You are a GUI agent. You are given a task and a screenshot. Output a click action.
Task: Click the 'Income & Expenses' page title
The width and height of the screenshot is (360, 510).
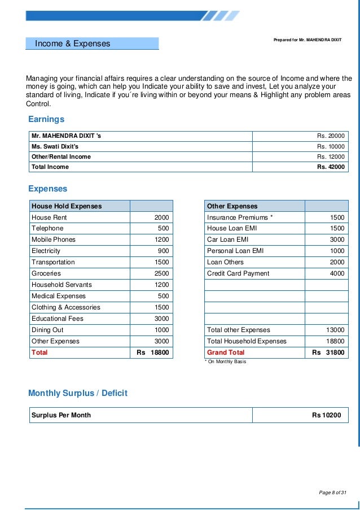72,43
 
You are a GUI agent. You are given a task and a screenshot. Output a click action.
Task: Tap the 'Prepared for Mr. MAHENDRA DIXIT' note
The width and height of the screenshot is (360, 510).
308,41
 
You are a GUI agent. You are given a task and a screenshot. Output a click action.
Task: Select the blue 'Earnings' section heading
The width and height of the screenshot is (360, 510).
46,119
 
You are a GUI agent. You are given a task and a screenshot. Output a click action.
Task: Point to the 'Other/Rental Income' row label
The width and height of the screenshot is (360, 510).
61,156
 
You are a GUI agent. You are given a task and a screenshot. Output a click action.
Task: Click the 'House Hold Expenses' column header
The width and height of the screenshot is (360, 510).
67,206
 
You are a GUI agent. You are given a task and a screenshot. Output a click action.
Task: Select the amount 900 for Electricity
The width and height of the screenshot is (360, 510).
163,251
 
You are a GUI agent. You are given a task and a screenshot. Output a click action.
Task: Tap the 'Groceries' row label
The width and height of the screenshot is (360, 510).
46,273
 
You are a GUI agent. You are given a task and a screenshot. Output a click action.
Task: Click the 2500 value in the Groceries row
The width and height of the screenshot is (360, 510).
161,273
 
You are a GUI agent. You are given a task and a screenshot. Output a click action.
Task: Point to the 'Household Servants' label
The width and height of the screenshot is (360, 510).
62,285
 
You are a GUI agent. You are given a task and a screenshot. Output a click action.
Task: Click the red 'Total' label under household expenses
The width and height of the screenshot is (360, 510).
39,352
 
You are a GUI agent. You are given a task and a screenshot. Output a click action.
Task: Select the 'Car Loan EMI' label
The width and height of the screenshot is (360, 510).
227,239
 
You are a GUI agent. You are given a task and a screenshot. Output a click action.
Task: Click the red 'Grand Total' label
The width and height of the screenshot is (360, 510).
226,352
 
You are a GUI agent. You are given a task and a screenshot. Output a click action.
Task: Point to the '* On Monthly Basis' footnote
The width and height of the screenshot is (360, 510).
225,362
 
